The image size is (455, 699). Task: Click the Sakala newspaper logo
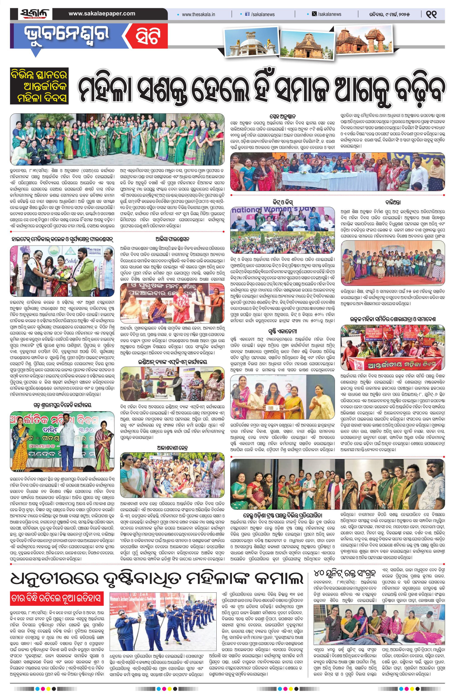(34, 14)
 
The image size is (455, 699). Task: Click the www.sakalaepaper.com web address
(102, 14)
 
